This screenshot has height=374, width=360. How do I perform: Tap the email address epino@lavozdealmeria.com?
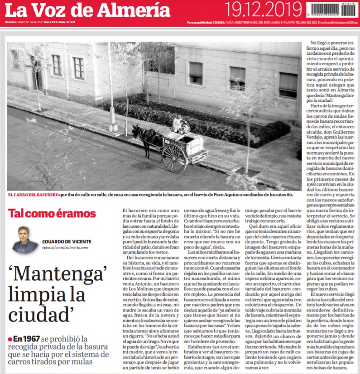(x=65, y=248)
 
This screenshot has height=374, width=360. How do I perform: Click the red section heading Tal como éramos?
(x=52, y=214)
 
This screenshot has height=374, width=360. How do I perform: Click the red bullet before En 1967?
(x=10, y=339)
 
